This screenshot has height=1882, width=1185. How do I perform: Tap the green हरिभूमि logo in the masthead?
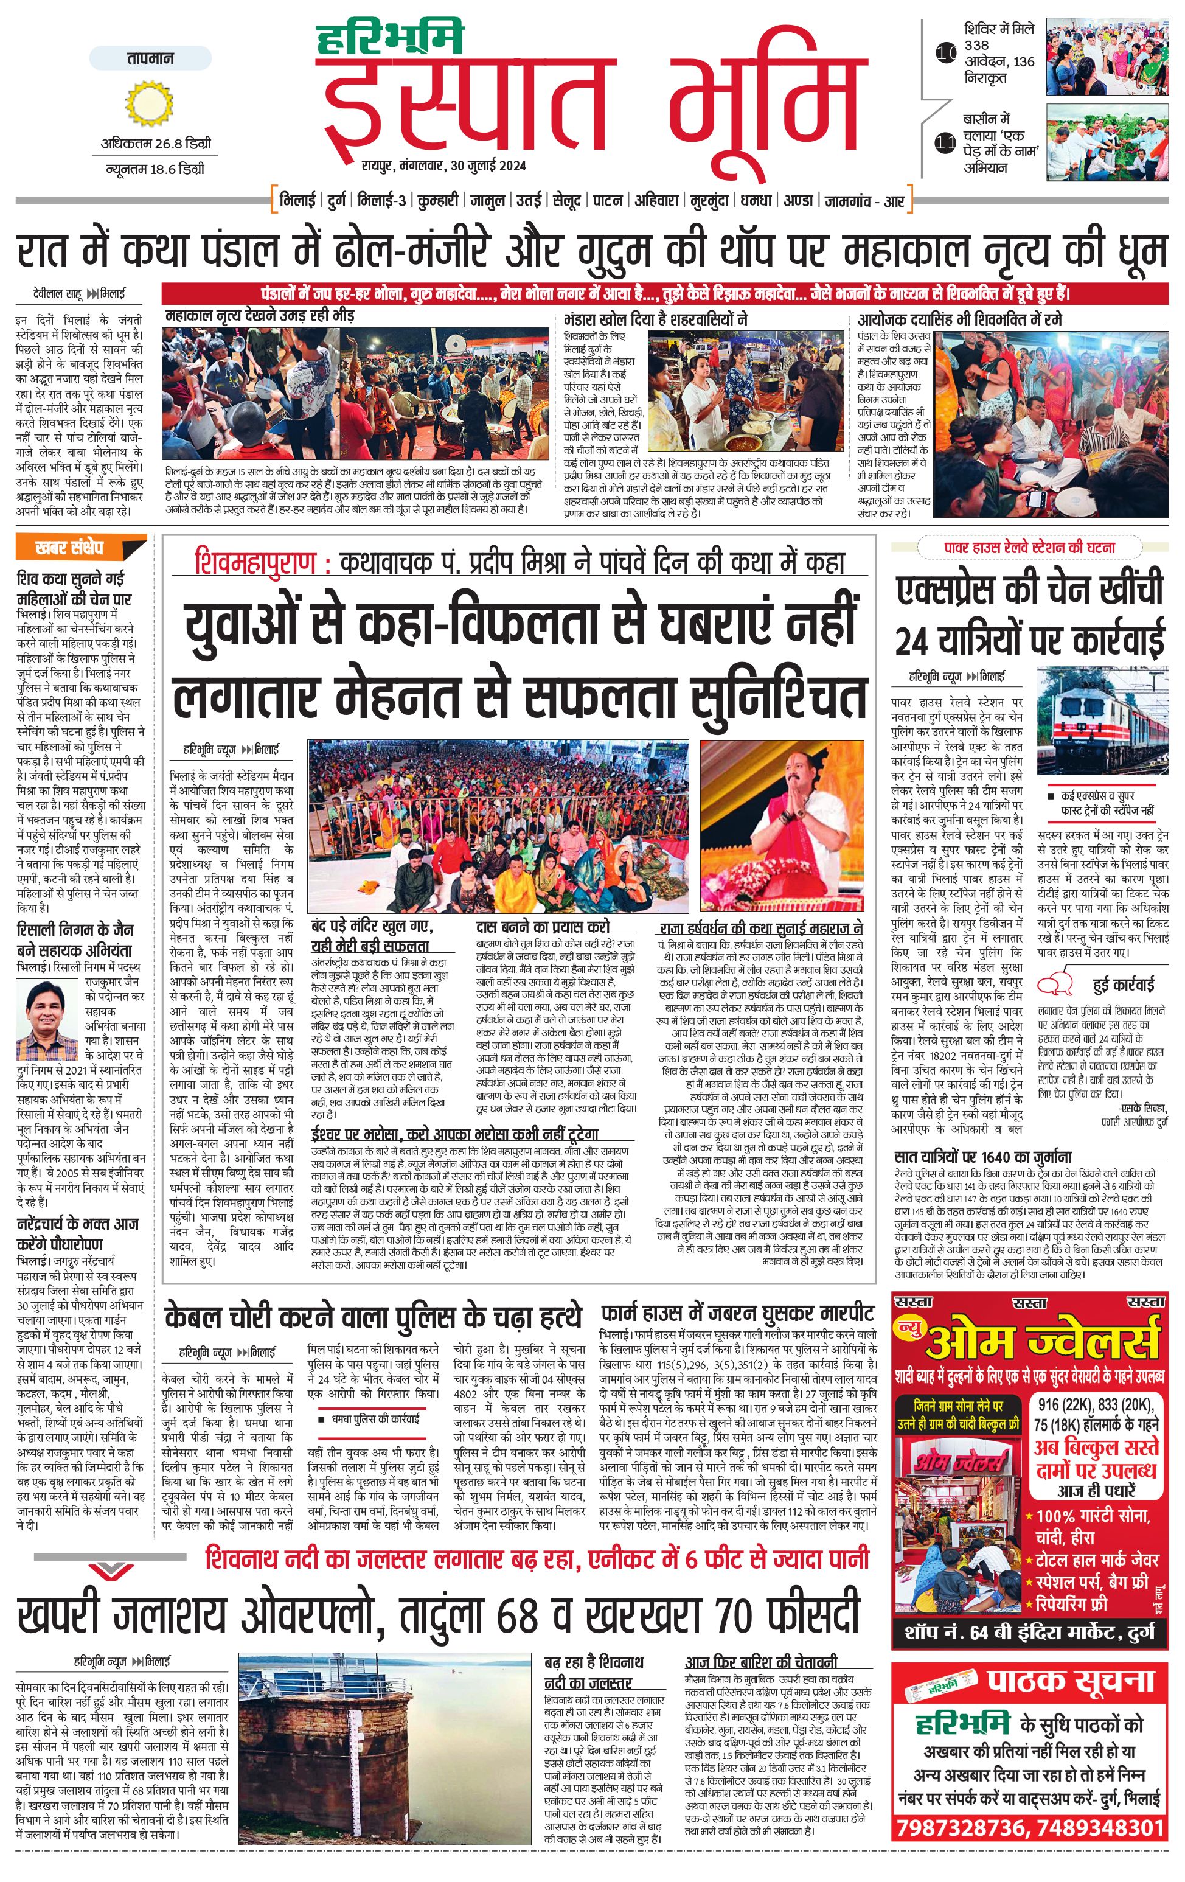click(390, 38)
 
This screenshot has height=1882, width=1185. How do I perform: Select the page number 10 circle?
click(946, 54)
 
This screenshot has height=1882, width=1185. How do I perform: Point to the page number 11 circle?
click(946, 143)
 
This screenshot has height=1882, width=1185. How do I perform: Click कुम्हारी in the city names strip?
click(437, 201)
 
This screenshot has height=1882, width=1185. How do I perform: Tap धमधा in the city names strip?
click(756, 201)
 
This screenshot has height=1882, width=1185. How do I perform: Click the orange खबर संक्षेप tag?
click(80, 548)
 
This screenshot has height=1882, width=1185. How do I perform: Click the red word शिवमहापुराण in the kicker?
click(255, 563)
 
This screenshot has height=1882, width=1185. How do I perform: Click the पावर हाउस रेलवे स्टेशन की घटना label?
click(1029, 548)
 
